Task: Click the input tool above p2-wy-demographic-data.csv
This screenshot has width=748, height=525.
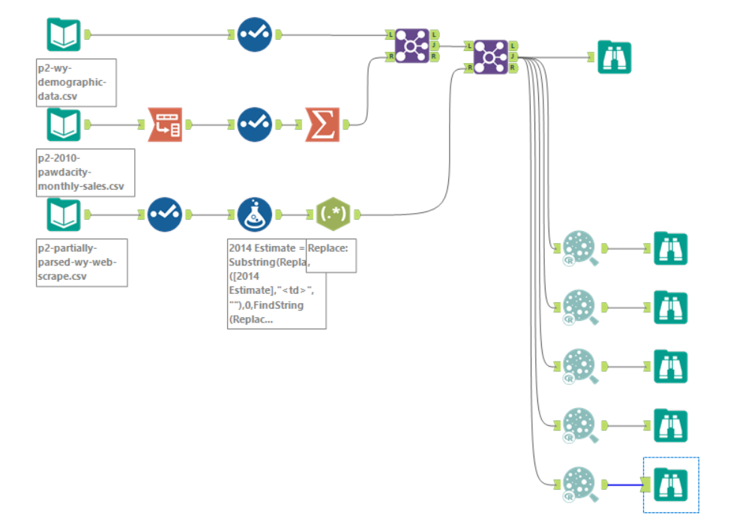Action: (x=64, y=34)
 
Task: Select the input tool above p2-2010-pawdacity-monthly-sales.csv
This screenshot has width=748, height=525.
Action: (x=64, y=124)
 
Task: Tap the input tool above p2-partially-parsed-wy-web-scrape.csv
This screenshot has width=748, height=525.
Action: (x=64, y=214)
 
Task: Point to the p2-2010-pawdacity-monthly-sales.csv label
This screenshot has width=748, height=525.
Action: (x=85, y=172)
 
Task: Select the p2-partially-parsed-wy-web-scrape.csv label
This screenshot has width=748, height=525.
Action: (x=81, y=262)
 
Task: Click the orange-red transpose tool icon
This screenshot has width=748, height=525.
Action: (x=165, y=124)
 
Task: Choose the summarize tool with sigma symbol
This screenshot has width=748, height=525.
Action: (x=322, y=124)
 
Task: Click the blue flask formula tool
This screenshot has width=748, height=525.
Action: (x=255, y=214)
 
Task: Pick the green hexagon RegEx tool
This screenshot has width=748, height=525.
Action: (x=334, y=214)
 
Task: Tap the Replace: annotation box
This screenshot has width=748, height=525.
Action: (x=331, y=256)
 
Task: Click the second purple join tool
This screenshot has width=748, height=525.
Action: (x=491, y=57)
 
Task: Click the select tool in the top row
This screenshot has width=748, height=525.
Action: (x=255, y=34)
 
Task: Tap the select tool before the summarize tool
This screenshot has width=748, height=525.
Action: (x=255, y=124)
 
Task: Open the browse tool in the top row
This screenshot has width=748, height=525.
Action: (x=615, y=57)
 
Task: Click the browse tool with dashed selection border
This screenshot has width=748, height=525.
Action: (x=671, y=484)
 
